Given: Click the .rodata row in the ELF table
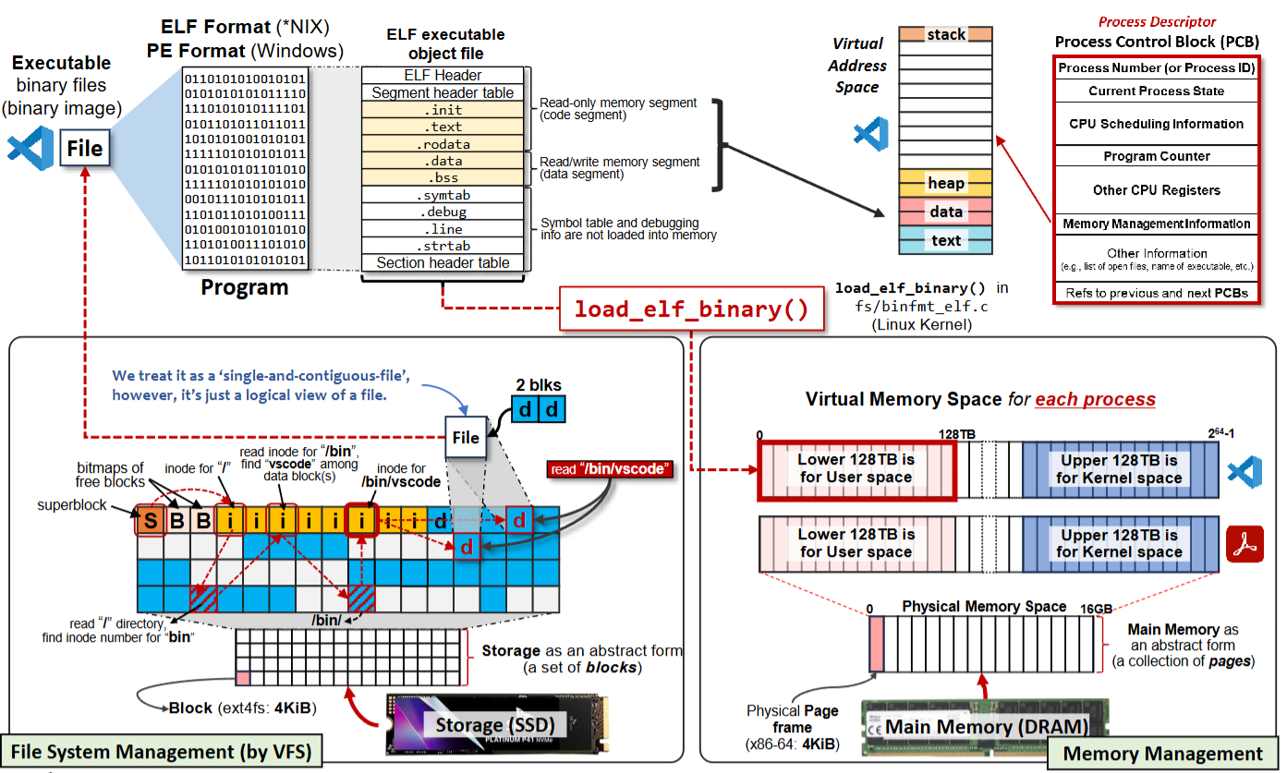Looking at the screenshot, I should coord(443,144).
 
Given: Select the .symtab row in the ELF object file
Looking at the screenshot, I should coord(443,195).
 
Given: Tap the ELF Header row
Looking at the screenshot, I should coord(443,76).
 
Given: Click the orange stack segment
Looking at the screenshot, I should coord(945,34).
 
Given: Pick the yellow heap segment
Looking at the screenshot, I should coord(945,183).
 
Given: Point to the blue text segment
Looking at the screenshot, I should coord(945,240).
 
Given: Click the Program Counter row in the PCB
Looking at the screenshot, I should coord(1156,156).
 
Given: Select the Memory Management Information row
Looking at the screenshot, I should coord(1156,223).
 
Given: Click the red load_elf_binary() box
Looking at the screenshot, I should coord(691,308).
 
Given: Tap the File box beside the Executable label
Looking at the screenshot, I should coord(85,148).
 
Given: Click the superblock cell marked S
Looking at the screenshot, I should coord(150,521).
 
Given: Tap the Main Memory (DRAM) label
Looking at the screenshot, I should coord(986,726).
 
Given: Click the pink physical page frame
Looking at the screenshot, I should coord(877,644).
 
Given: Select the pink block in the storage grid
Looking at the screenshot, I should coord(243,679).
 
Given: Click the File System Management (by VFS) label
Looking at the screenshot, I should coord(161,751).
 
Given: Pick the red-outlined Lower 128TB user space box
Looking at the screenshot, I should coord(856,469).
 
